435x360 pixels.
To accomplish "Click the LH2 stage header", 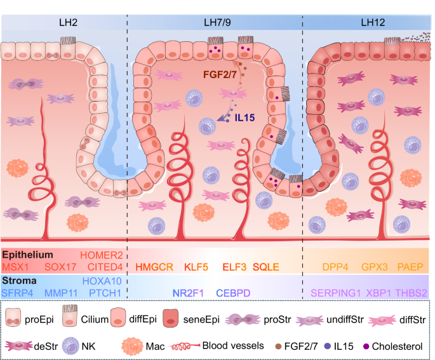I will click(x=64, y=23).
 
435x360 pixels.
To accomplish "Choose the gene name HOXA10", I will click(x=101, y=281).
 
